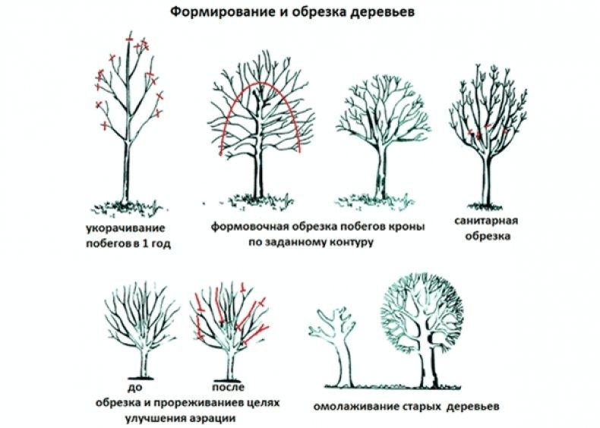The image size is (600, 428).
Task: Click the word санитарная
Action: (487, 221)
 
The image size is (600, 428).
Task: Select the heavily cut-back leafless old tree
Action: (335, 341)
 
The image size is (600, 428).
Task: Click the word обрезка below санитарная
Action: (487, 236)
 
